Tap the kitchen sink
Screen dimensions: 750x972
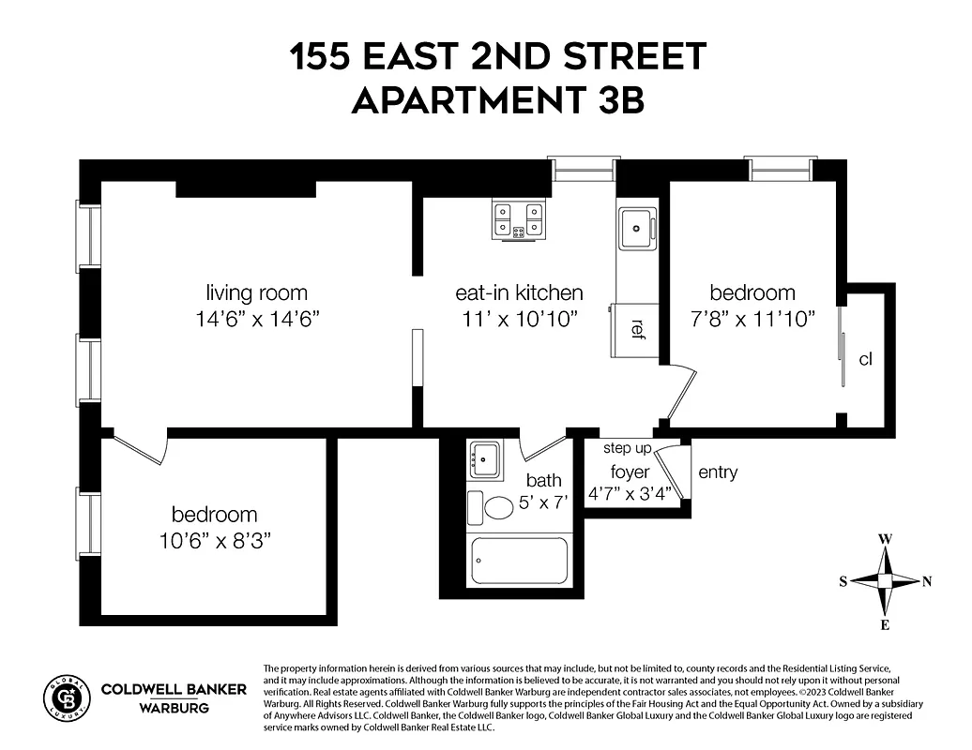tap(637, 228)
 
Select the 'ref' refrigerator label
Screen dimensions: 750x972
tap(638, 328)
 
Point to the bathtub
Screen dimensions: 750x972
tap(519, 562)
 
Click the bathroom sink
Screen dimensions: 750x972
tap(485, 459)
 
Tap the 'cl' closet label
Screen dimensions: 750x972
tap(865, 359)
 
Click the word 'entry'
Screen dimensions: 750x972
tap(718, 472)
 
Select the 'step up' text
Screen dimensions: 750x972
tap(627, 448)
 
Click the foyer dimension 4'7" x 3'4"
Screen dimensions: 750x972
tap(629, 494)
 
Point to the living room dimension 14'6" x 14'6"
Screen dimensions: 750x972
tap(258, 319)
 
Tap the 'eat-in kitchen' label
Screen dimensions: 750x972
tap(519, 292)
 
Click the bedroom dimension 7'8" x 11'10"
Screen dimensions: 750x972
tap(752, 319)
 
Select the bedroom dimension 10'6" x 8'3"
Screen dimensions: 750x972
tap(214, 541)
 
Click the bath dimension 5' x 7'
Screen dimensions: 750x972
tap(546, 502)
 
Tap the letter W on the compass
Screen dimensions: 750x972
tap(884, 539)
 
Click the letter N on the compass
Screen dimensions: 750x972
tap(927, 581)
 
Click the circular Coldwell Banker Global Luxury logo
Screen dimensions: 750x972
tap(67, 696)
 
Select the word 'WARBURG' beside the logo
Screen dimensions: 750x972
tap(174, 708)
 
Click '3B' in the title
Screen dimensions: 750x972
tap(615, 99)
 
